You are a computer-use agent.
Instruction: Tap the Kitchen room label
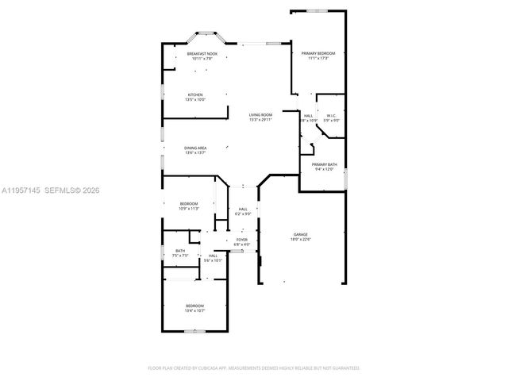click(x=195, y=94)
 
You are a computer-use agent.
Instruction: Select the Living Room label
click(x=261, y=114)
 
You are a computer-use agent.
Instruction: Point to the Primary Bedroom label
click(x=317, y=53)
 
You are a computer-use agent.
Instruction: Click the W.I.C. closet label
click(x=331, y=116)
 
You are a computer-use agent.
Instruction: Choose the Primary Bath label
click(x=322, y=164)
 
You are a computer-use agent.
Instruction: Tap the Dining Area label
click(x=195, y=148)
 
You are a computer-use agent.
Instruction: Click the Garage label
click(x=300, y=235)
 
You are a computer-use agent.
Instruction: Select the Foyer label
click(x=242, y=239)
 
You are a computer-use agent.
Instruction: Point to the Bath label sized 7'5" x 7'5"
click(x=180, y=251)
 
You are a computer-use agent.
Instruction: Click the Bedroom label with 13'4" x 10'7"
click(x=195, y=306)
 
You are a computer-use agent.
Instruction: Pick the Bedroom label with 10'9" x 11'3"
click(x=188, y=204)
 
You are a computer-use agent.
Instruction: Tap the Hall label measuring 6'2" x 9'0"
click(x=243, y=210)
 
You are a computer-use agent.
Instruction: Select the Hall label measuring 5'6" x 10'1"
click(x=213, y=256)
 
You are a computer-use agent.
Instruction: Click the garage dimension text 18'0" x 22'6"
click(x=300, y=240)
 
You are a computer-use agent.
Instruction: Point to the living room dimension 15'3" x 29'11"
click(x=261, y=120)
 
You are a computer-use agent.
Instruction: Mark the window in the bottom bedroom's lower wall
click(x=195, y=330)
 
